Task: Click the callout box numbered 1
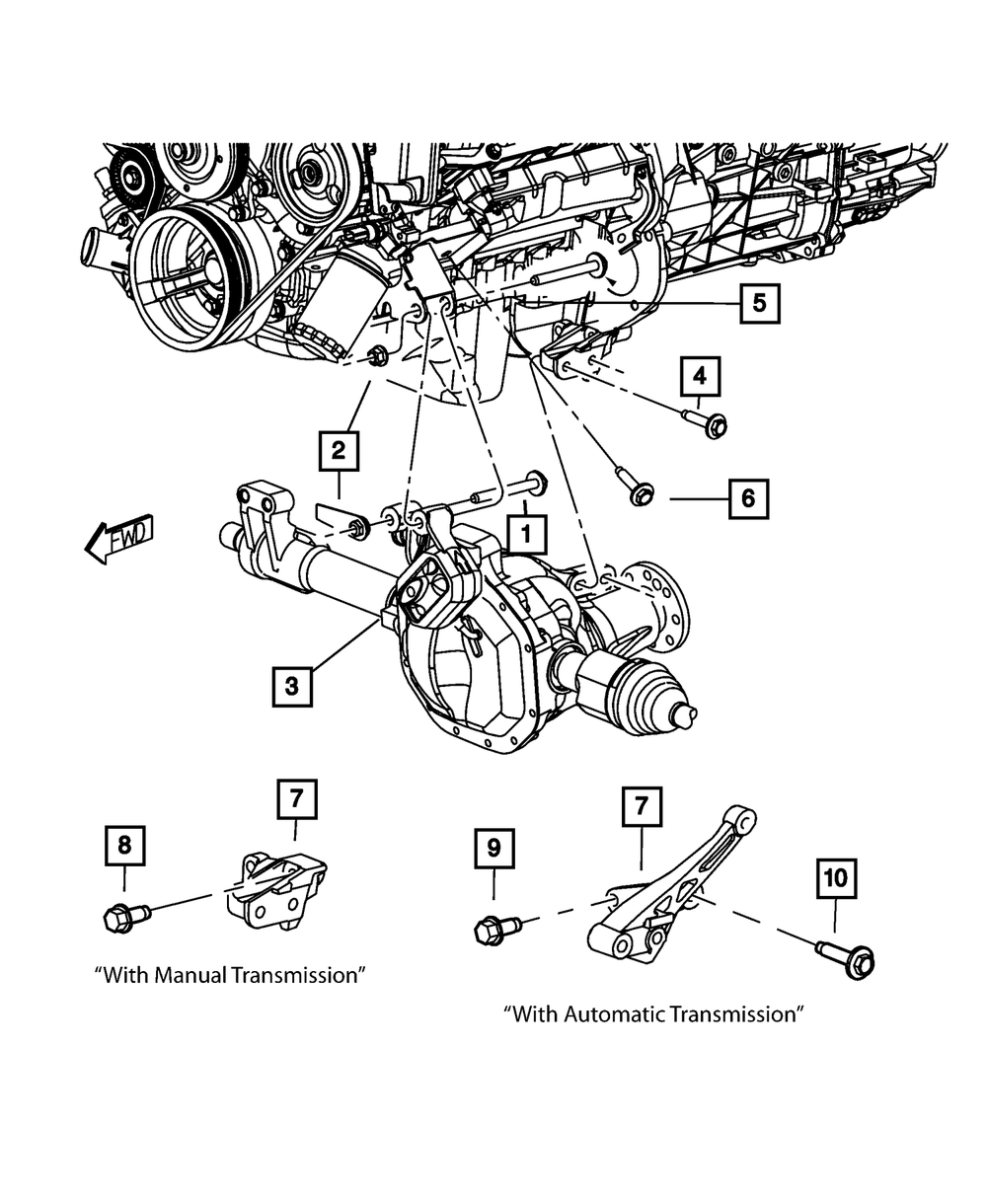[x=526, y=535]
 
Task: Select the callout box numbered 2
[x=338, y=453]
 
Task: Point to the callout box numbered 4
[x=700, y=376]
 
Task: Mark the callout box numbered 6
[x=748, y=499]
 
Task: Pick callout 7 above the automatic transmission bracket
[x=642, y=806]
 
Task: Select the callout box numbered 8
[x=124, y=846]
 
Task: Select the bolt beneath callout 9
[x=496, y=930]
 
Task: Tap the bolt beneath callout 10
[x=848, y=958]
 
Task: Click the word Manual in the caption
[x=194, y=975]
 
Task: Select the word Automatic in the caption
[x=618, y=1013]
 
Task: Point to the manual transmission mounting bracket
[x=281, y=885]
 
